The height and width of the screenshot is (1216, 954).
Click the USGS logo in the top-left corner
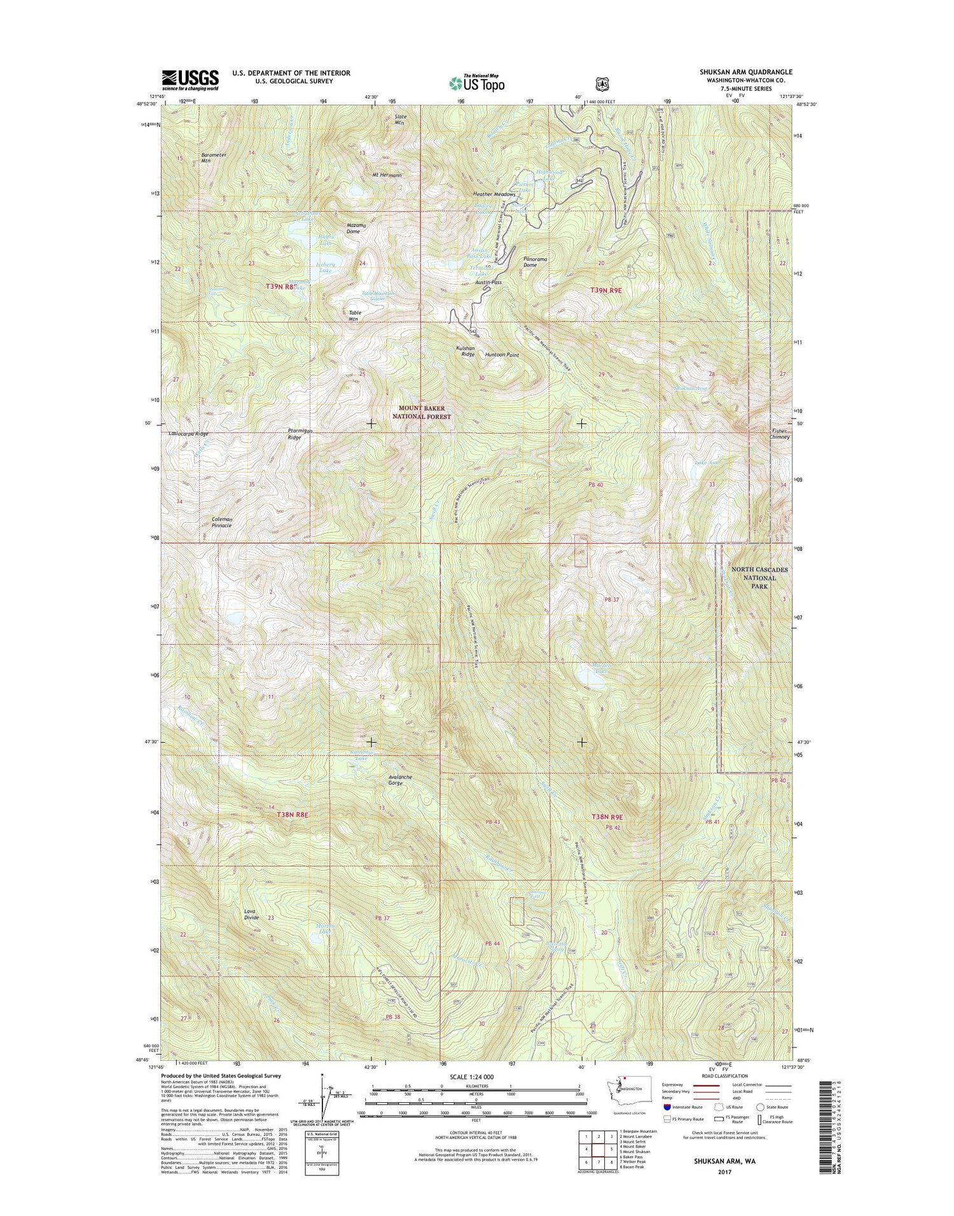tap(190, 79)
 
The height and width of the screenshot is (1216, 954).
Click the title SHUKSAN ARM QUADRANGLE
tap(745, 73)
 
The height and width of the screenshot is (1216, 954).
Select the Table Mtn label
tap(356, 315)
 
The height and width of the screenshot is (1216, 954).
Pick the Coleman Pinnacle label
tap(221, 523)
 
